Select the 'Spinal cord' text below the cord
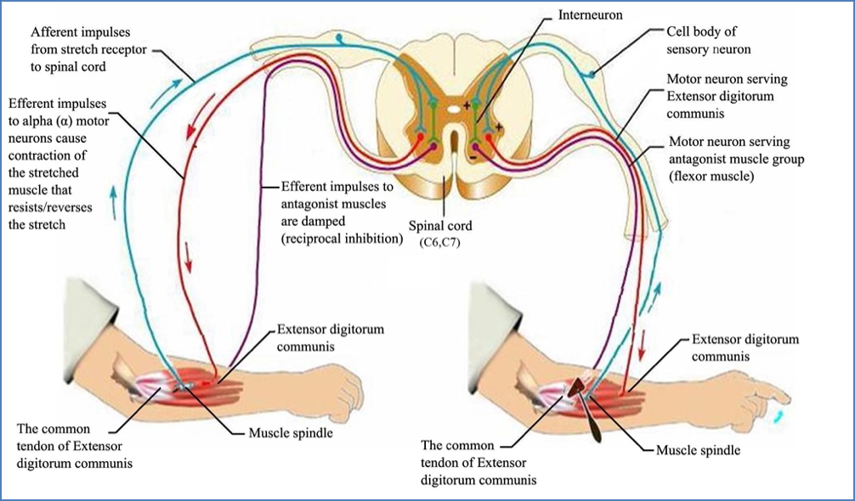coord(443,228)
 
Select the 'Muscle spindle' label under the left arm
coord(289,433)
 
